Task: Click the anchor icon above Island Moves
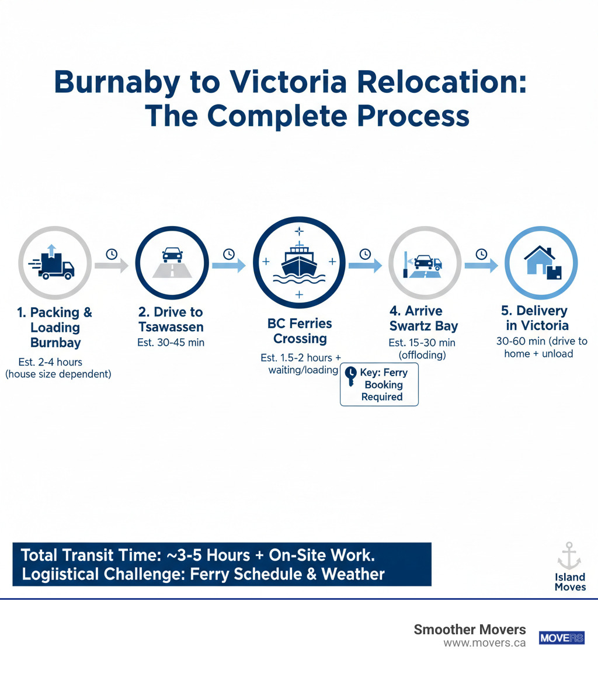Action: click(x=569, y=555)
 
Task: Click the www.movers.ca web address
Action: click(x=484, y=643)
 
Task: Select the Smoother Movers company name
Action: click(x=470, y=629)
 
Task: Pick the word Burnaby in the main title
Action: click(x=117, y=82)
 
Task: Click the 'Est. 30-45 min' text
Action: click(x=171, y=343)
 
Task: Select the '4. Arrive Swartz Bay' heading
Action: click(x=423, y=319)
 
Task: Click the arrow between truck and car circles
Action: click(x=111, y=266)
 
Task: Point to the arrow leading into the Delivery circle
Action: click(x=481, y=266)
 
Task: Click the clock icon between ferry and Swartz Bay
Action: click(x=365, y=253)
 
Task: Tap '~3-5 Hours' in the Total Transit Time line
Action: click(x=211, y=554)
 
